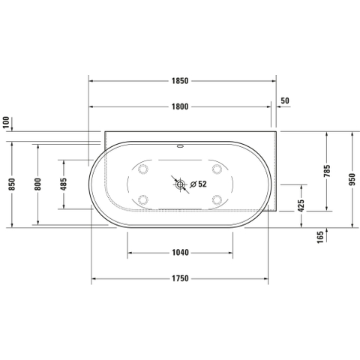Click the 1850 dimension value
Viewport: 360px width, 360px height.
click(x=180, y=81)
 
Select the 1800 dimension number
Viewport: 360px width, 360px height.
click(x=180, y=106)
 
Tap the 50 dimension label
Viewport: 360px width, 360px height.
click(x=285, y=100)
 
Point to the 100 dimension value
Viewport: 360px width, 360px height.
click(x=6, y=122)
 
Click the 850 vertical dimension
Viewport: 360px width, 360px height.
click(x=12, y=184)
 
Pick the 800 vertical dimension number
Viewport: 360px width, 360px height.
click(x=37, y=184)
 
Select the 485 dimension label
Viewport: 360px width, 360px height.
click(x=64, y=184)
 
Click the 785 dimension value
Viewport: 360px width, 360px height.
click(x=327, y=171)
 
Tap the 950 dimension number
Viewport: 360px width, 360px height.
click(x=352, y=179)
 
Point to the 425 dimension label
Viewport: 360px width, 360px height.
click(x=301, y=205)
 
